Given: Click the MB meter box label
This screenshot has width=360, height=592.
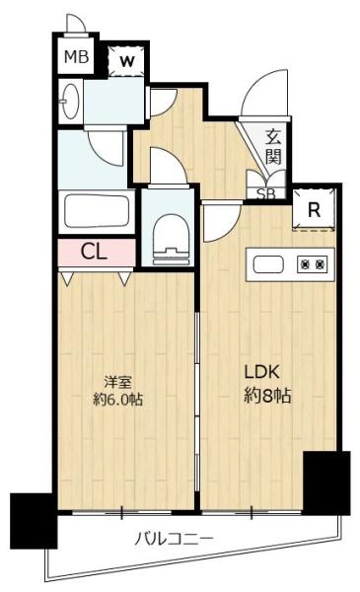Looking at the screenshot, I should pos(76,56).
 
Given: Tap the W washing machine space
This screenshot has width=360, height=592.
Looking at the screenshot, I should pos(125,59).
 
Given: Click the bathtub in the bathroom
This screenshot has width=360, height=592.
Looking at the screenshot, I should pos(96,211).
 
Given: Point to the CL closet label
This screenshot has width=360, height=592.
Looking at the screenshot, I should pos(94,252).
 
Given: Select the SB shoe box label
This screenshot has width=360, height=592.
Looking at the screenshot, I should pos(266,193).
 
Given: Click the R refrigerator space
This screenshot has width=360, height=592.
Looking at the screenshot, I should pos(313,210).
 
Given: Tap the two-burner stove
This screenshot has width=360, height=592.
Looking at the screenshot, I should pos(314,264).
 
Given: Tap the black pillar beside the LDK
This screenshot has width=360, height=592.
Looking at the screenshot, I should pos(325,482).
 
